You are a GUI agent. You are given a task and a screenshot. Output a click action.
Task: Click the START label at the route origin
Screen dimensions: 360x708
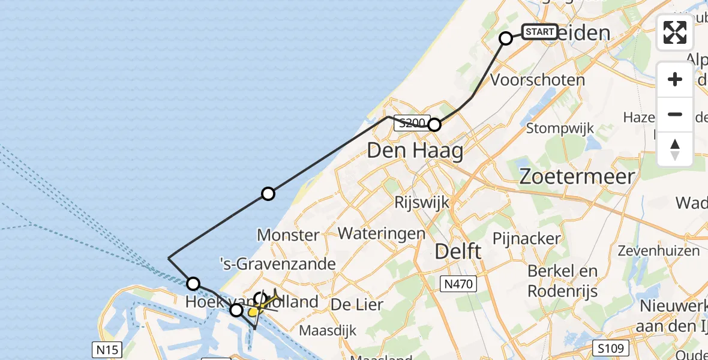point(539,32)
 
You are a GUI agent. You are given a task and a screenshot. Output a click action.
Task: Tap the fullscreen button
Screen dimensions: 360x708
point(675,32)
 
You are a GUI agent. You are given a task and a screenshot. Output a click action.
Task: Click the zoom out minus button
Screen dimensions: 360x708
point(675,114)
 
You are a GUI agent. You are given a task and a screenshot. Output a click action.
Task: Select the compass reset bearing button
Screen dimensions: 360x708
point(675,149)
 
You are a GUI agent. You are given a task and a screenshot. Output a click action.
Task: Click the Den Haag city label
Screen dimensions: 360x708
point(415,151)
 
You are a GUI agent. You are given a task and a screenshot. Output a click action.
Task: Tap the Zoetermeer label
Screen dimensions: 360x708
point(577,176)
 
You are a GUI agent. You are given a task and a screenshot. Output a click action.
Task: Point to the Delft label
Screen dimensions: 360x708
point(458,251)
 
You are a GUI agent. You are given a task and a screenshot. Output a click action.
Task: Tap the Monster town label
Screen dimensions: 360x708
point(288,235)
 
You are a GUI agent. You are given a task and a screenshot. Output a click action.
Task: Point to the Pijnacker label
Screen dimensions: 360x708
point(527,238)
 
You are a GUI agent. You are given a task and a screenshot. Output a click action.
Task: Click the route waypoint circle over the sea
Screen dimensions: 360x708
point(268,193)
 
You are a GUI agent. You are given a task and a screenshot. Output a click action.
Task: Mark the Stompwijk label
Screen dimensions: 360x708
point(560,128)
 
